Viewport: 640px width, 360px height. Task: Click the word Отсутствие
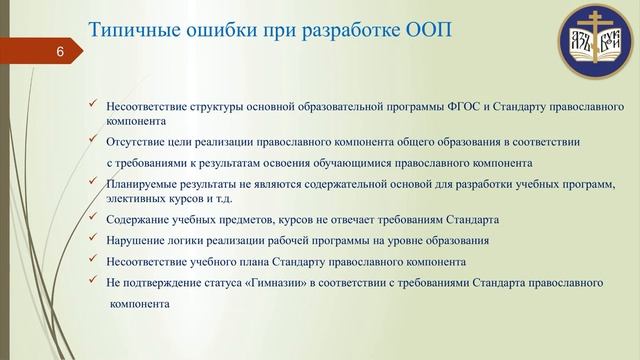[136, 143]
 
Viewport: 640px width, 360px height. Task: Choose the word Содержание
[138, 219]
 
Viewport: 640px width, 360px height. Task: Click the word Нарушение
[136, 241]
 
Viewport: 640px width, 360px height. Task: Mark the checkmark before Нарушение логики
[93, 240]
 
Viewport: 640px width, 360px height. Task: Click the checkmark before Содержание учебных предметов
[93, 218]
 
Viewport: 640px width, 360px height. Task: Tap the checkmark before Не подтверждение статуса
[93, 282]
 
